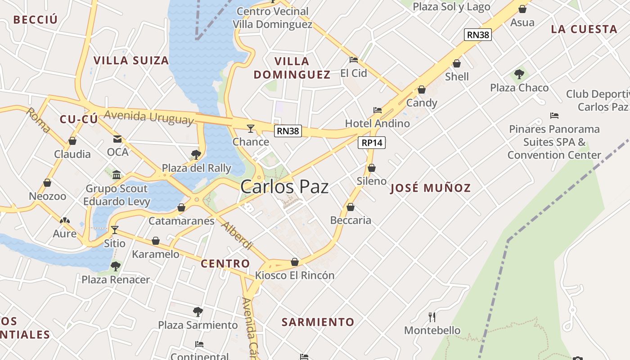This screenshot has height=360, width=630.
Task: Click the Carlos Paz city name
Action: [x=284, y=187]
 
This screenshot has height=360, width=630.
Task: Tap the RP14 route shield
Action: [x=372, y=143]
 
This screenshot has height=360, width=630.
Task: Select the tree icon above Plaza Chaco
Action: [x=519, y=74]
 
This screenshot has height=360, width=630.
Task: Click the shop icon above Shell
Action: [x=457, y=64]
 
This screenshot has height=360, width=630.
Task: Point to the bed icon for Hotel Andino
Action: [x=377, y=110]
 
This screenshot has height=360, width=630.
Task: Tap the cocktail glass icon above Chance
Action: [x=251, y=129]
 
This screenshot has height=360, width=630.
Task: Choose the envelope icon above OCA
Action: [x=117, y=139]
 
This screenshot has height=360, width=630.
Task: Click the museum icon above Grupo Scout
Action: [x=117, y=175]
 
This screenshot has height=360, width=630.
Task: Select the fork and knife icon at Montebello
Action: [x=432, y=317]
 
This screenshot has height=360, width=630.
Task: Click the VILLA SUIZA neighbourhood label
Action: [x=131, y=60]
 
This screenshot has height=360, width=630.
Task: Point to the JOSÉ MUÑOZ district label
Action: [x=431, y=188]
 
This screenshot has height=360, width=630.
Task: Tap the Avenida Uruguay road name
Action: [x=148, y=117]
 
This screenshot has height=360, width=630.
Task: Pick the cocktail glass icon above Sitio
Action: [x=115, y=230]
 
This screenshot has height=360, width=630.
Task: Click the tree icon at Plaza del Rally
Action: [x=196, y=155]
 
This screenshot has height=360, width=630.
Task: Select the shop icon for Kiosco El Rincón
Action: [x=295, y=262]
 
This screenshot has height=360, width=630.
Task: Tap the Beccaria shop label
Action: [x=351, y=220]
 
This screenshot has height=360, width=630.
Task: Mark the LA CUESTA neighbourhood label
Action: [x=584, y=29]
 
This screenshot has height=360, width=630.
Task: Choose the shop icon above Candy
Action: [x=422, y=90]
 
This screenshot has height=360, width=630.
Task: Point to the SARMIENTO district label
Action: [x=318, y=322]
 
